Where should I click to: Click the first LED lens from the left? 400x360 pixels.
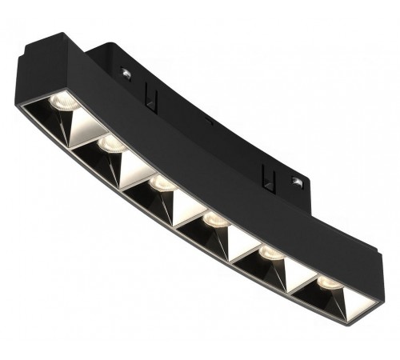(x=59, y=101)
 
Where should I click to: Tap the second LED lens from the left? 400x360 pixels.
(x=110, y=144)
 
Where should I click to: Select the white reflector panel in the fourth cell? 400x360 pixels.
(x=236, y=238)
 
